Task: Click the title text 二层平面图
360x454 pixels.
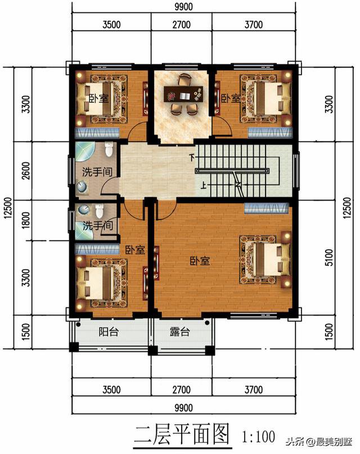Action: [x=182, y=435]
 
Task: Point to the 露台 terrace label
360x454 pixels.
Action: [x=180, y=332]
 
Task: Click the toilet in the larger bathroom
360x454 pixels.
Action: [x=109, y=149]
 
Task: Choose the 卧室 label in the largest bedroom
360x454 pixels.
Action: [x=200, y=261]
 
